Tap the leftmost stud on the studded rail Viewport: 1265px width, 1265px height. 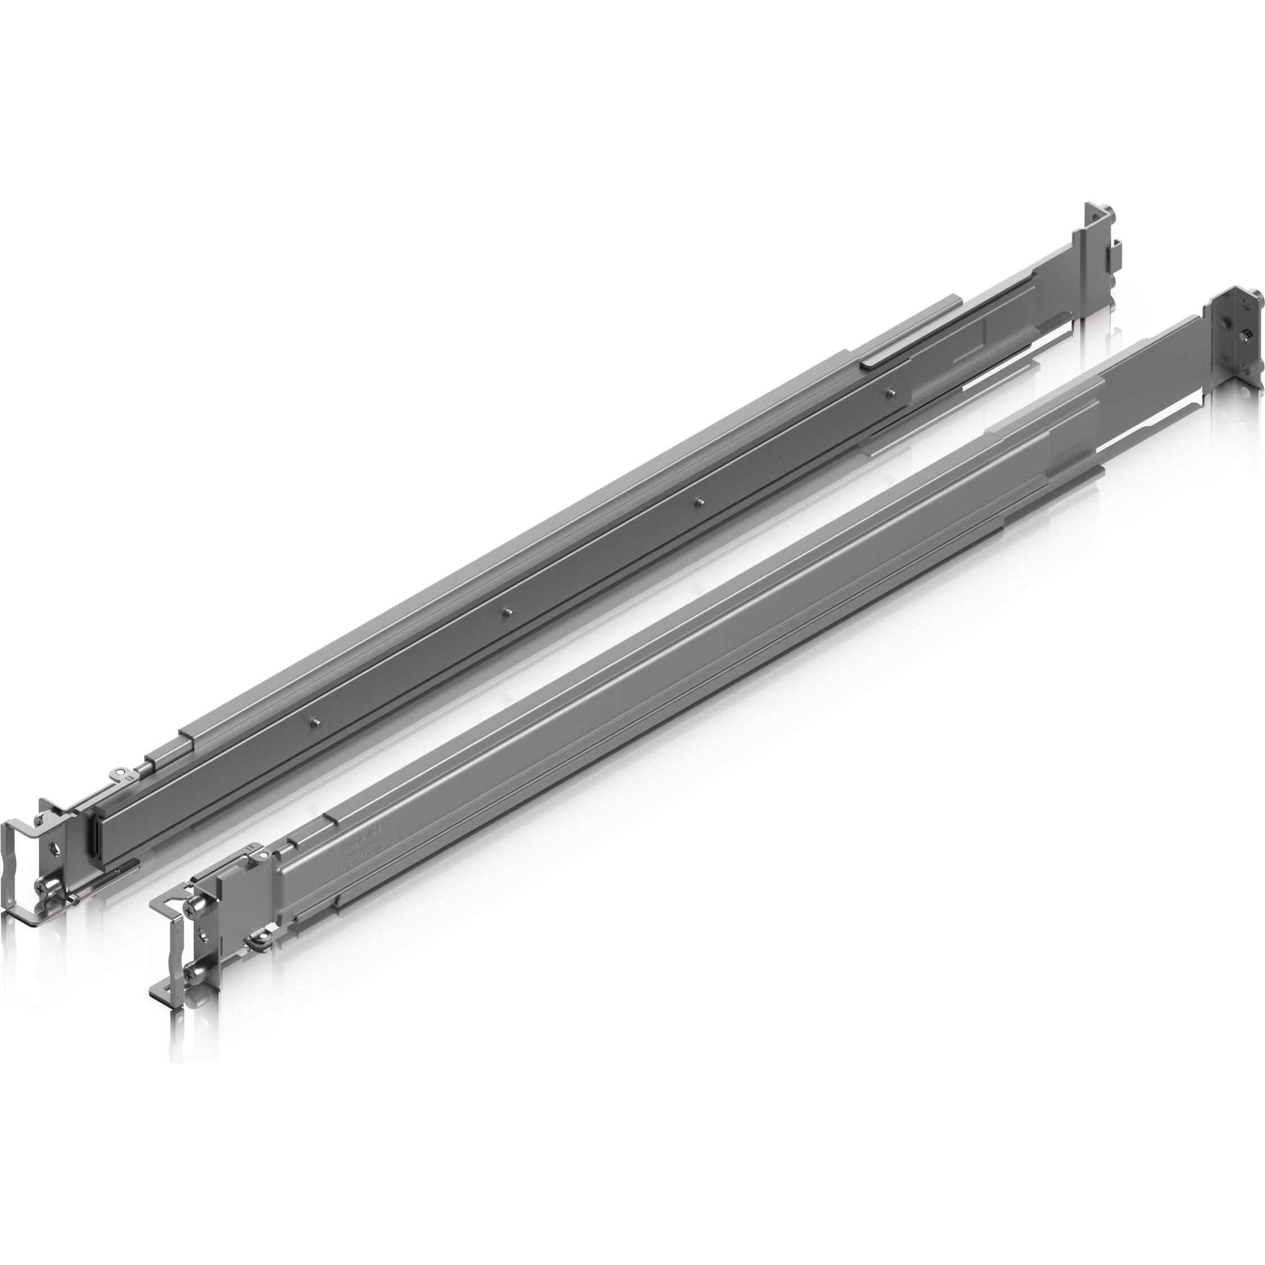[x=316, y=722]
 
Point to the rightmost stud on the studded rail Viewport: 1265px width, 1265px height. [x=890, y=393]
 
